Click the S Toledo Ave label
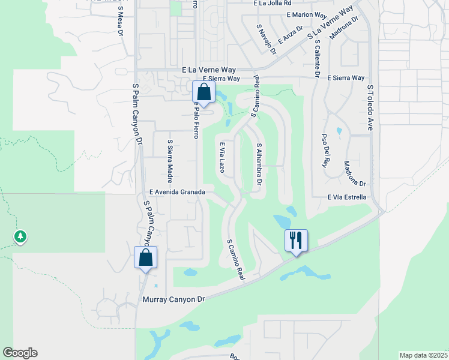click(x=370, y=107)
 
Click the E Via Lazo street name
click(x=221, y=157)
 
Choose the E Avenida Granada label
click(x=177, y=192)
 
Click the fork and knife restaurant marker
click(x=296, y=241)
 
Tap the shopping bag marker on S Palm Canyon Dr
click(x=145, y=257)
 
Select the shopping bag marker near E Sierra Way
click(x=203, y=92)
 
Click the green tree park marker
click(x=20, y=236)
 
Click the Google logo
click(x=20, y=353)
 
